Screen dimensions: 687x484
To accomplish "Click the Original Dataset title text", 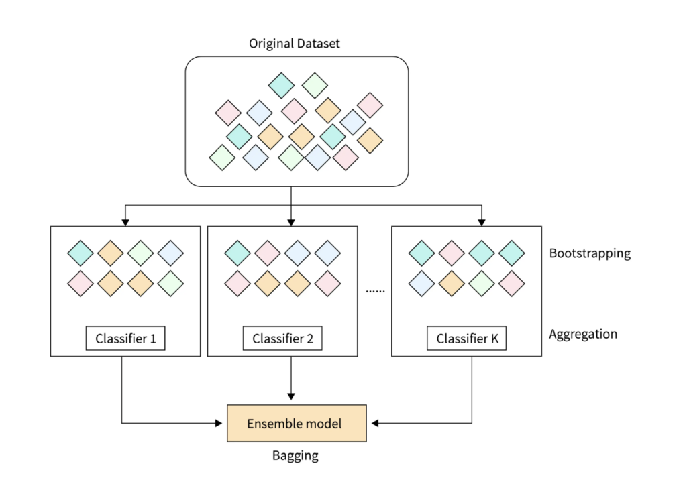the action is [x=294, y=44].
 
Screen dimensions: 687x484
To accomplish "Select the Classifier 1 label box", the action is [x=125, y=339].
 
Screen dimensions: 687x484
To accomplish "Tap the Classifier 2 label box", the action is [x=282, y=339].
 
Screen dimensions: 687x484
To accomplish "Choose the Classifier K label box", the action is [x=467, y=339].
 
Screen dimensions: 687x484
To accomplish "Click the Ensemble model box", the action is [x=297, y=423].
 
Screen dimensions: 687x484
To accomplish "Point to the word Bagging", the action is [x=295, y=456].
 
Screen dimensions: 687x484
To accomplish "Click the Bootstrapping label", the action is [x=590, y=253].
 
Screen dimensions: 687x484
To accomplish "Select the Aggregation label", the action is [x=583, y=334].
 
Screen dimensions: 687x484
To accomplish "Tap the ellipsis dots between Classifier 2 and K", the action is [x=375, y=290].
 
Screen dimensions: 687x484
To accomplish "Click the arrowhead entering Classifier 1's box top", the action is [x=125, y=223].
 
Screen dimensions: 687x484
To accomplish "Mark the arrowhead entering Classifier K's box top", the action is [x=482, y=223].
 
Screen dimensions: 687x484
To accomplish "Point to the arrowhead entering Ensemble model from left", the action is [x=219, y=423].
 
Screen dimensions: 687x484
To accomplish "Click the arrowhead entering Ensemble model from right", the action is [x=375, y=423].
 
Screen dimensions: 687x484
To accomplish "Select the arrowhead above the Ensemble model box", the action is [x=291, y=396].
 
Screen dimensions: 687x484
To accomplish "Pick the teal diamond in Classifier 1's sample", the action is [x=81, y=253].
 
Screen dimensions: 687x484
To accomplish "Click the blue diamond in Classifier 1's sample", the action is [x=170, y=253].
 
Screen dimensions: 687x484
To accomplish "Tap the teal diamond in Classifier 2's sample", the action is [x=237, y=253].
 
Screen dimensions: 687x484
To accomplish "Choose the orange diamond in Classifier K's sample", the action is [x=452, y=284].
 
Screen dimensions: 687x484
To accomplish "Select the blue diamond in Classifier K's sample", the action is [x=421, y=284].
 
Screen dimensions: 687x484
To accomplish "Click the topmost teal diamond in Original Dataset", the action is [x=281, y=85].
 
